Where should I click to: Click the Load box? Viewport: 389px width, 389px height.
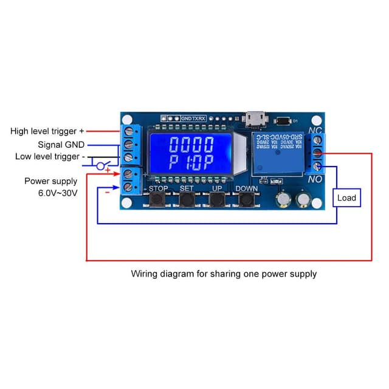[346, 198]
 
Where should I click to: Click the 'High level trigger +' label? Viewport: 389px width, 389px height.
[47, 131]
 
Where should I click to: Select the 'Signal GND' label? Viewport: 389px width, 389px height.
[61, 145]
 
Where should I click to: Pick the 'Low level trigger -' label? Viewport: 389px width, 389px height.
[50, 157]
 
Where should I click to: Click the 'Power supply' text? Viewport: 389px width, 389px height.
[51, 181]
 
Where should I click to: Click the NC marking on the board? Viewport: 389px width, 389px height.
[315, 131]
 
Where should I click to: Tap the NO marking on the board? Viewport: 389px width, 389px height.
[315, 181]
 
